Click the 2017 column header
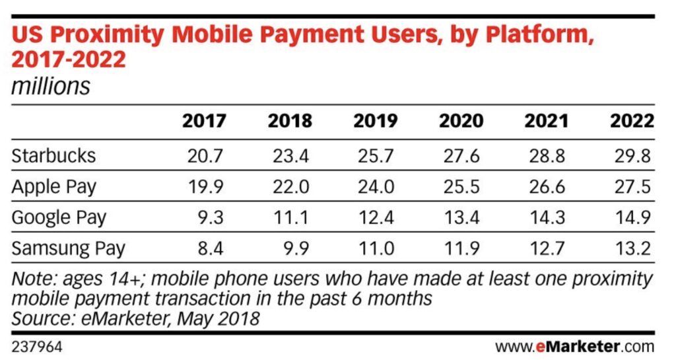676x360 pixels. (x=204, y=122)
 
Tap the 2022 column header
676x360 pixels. (x=632, y=122)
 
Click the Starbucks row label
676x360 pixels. (x=54, y=156)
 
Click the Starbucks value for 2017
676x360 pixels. (x=206, y=156)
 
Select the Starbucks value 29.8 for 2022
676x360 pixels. (x=634, y=156)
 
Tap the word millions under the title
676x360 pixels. (x=51, y=87)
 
